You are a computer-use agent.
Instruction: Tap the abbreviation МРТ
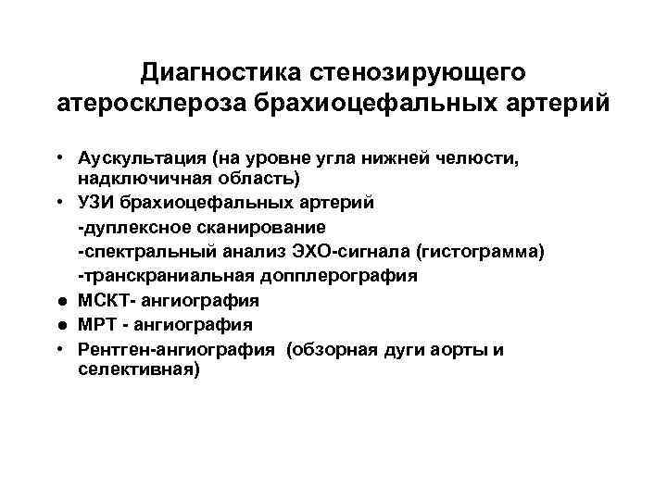coord(96,325)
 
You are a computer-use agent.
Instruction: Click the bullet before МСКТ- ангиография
coord(58,301)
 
